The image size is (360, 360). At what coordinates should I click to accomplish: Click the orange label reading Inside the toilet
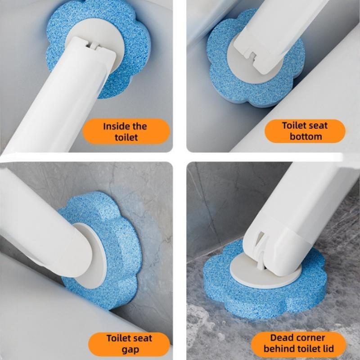click(x=126, y=131)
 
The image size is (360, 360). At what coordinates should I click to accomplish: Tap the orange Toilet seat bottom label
click(x=305, y=131)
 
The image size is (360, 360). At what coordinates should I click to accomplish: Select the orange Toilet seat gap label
click(x=129, y=344)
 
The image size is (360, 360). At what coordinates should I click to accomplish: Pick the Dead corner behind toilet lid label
click(x=298, y=343)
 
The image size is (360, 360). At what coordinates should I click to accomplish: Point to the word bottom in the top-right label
click(x=306, y=136)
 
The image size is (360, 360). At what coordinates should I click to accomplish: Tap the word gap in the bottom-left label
click(x=130, y=350)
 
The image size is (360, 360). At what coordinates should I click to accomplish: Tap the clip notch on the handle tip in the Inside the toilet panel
click(x=93, y=44)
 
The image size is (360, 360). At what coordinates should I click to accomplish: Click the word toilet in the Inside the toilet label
click(x=126, y=137)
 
